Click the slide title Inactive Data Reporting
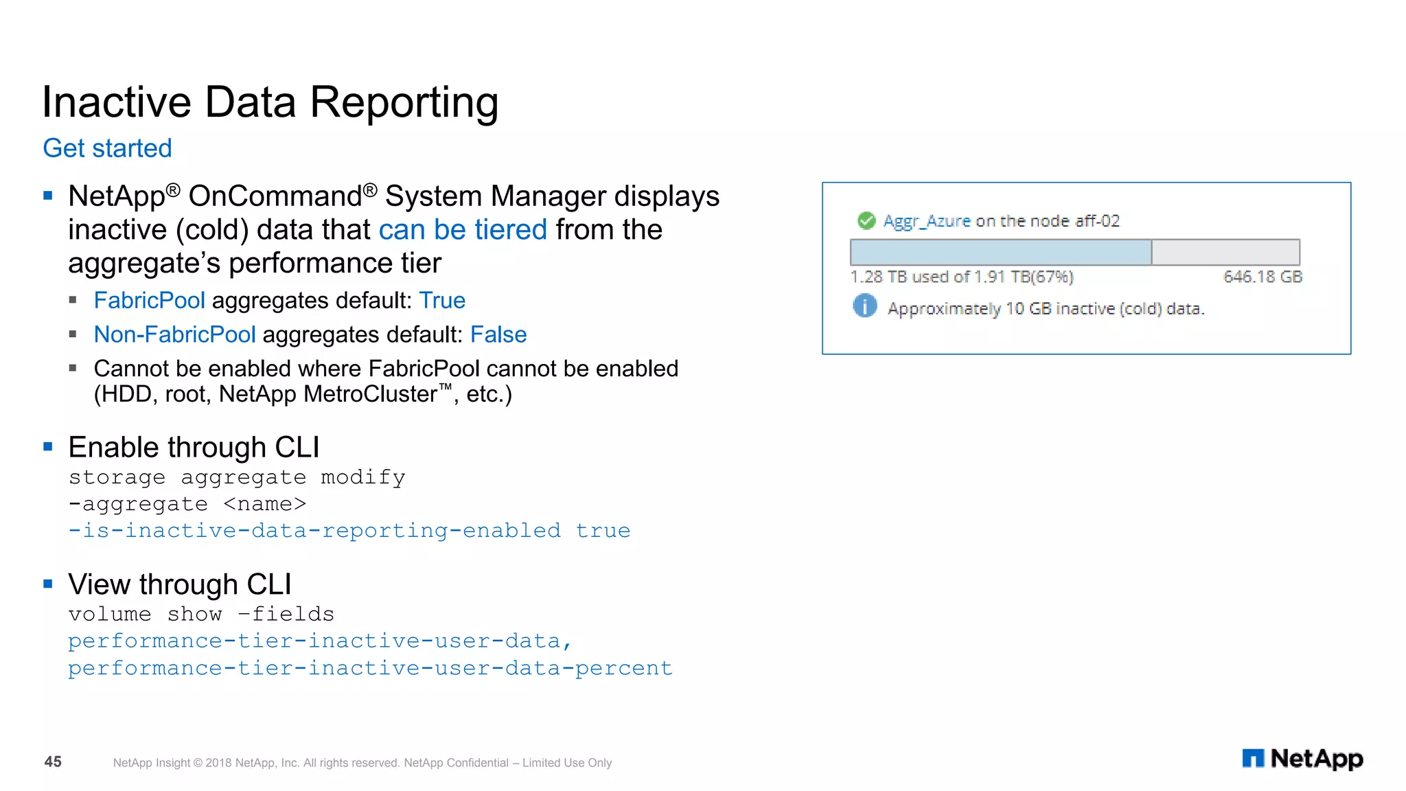pyautogui.click(x=270, y=102)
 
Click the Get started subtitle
pyautogui.click(x=107, y=148)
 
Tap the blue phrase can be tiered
pyautogui.click(x=463, y=229)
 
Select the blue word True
pyautogui.click(x=442, y=300)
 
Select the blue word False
pyautogui.click(x=498, y=334)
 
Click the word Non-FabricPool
pyautogui.click(x=174, y=334)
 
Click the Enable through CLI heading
pyautogui.click(x=194, y=447)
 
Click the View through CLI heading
pyautogui.click(x=180, y=584)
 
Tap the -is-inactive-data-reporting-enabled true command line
pyautogui.click(x=349, y=530)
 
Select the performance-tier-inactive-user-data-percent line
pyautogui.click(x=370, y=667)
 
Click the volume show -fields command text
pyautogui.click(x=201, y=614)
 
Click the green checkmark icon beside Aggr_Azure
pyautogui.click(x=866, y=220)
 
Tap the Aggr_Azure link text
pyautogui.click(x=927, y=220)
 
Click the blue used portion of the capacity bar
pyautogui.click(x=1000, y=252)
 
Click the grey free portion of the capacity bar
pyautogui.click(x=1225, y=252)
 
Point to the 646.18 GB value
pyautogui.click(x=1263, y=277)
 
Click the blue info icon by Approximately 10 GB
pyautogui.click(x=865, y=306)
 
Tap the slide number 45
pyautogui.click(x=53, y=761)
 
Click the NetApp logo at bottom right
pyautogui.click(x=1302, y=759)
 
